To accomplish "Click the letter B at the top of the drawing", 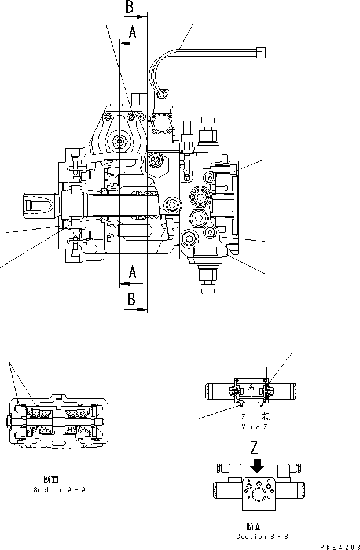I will click(131, 7).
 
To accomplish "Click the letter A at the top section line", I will click(132, 34).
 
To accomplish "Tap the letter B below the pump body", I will click(131, 299).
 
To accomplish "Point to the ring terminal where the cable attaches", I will click(163, 94).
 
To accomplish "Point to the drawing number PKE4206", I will click(335, 545).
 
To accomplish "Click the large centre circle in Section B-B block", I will click(258, 496).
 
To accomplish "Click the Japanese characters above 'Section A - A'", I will click(50, 479).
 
